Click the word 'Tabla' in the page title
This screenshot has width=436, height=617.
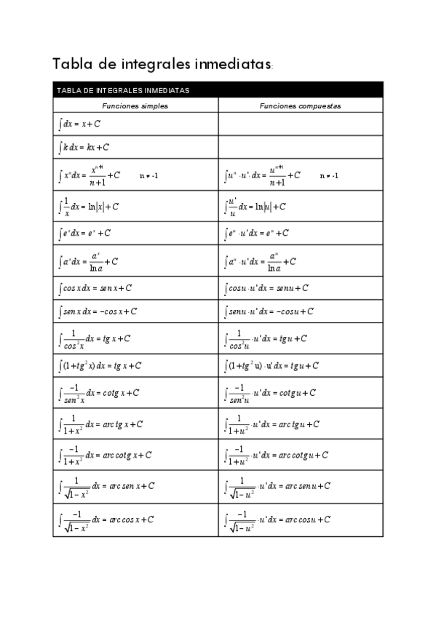pyautogui.click(x=70, y=64)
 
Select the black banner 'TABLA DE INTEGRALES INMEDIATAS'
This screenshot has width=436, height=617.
pyautogui.click(x=218, y=90)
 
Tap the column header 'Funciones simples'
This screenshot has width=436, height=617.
pyautogui.click(x=135, y=106)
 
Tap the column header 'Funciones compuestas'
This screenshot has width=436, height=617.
pyautogui.click(x=300, y=106)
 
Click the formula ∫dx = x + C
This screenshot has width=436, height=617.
pyautogui.click(x=79, y=124)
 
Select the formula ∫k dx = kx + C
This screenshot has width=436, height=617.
pyautogui.click(x=84, y=147)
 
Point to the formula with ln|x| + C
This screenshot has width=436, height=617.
pyautogui.click(x=88, y=207)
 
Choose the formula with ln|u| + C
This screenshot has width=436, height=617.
pyautogui.click(x=255, y=207)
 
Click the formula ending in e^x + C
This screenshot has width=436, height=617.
pyautogui.click(x=84, y=234)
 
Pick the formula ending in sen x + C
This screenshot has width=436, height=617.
pyautogui.click(x=95, y=288)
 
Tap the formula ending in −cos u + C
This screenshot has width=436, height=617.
pyautogui.click(x=269, y=311)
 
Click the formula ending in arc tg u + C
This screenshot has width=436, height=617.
pyautogui.click(x=271, y=423)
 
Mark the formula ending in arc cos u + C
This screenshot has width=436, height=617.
pyautogui.click(x=277, y=520)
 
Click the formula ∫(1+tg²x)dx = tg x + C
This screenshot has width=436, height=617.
pyautogui.click(x=100, y=365)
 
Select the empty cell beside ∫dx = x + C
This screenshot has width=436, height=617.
pyautogui.click(x=300, y=124)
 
